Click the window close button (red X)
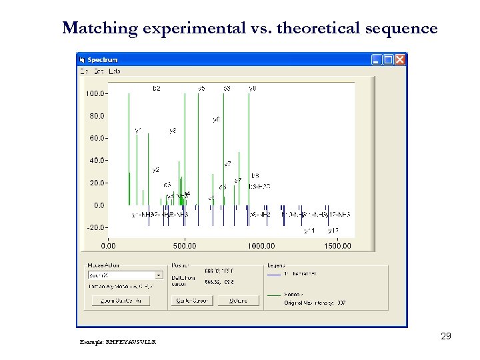tap(399, 60)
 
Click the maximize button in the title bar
tap(388, 60)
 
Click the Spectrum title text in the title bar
tap(103, 60)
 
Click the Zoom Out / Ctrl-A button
tap(121, 301)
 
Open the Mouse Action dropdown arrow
tap(158, 275)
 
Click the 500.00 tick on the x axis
tap(184, 245)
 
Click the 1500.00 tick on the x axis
tap(337, 245)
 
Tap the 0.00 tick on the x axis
tap(108, 245)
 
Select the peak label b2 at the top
tap(157, 88)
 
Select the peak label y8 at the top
tap(253, 88)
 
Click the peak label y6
tap(217, 119)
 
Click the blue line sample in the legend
tap(274, 274)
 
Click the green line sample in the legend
tap(274, 294)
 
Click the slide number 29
tap(446, 337)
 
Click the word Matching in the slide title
tap(99, 29)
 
